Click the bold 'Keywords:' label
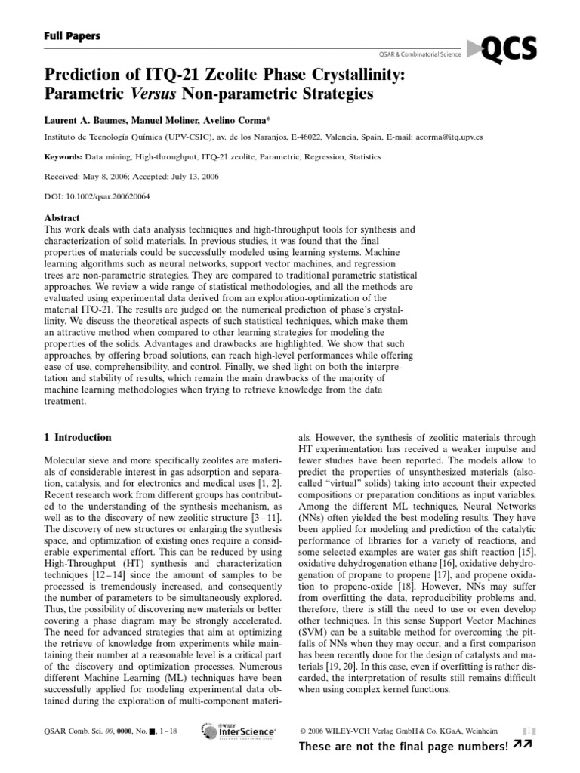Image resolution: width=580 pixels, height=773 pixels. point(64,157)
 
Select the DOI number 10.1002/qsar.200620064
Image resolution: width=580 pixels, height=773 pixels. point(113,196)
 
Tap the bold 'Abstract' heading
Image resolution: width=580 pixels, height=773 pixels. point(63,217)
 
